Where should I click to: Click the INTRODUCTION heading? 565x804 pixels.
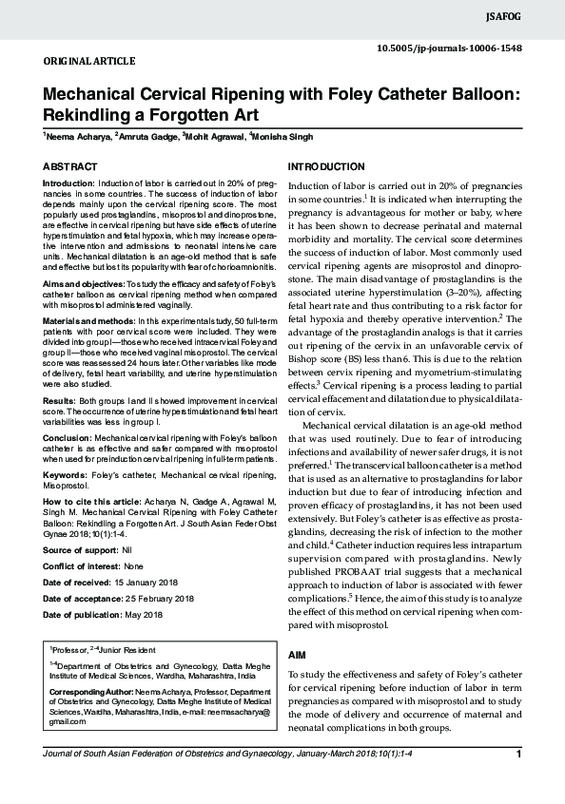coord(325,166)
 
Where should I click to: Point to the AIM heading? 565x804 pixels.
coord(297,656)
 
